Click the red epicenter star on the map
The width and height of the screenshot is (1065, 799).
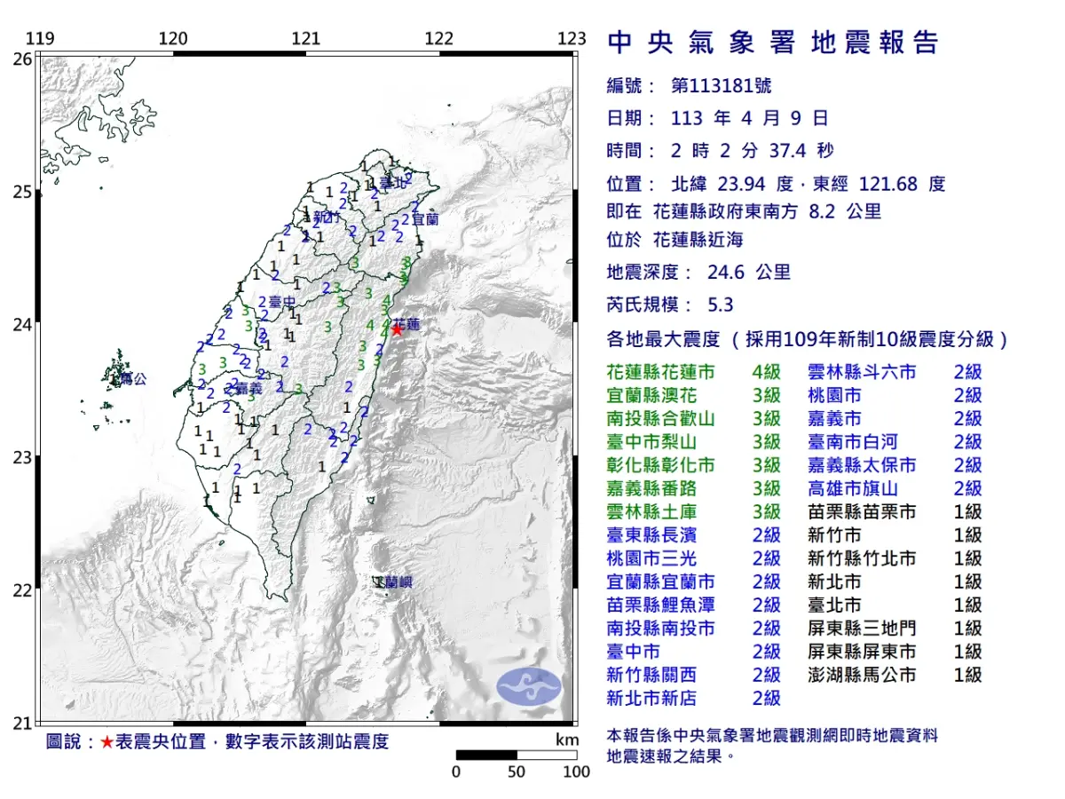click(397, 328)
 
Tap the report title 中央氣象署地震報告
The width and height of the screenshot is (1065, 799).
click(772, 43)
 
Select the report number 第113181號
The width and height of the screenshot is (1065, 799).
click(721, 86)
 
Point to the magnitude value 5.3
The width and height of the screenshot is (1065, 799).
click(720, 305)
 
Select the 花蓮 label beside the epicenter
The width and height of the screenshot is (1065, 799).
click(407, 324)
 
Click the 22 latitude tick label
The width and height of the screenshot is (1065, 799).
click(22, 590)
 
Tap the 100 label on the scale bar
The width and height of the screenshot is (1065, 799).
click(576, 771)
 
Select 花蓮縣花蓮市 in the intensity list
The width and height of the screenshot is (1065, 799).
click(659, 372)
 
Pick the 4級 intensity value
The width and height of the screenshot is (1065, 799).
click(766, 372)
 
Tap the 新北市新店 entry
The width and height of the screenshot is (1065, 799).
click(651, 698)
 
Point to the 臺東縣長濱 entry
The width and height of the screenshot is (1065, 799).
click(651, 534)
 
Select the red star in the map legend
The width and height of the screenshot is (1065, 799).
click(106, 742)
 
